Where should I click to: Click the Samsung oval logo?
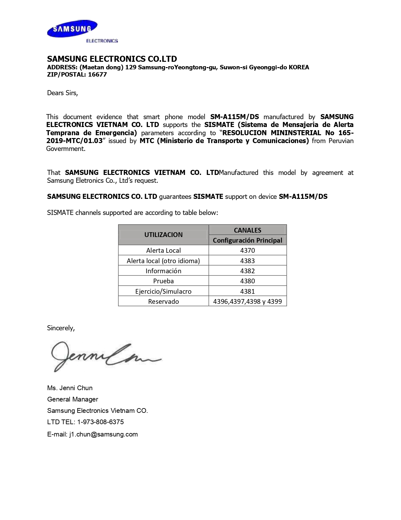click(72, 29)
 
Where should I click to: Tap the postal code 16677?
click(97, 75)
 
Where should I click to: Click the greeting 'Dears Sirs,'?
click(62, 93)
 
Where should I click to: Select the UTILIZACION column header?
click(163, 235)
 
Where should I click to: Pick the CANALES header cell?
click(248, 230)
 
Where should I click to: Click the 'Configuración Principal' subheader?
click(248, 240)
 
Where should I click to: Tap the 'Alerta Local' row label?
click(163, 251)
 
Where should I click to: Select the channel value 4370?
click(248, 251)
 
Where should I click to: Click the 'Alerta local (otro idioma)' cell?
click(163, 261)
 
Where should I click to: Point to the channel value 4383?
click(248, 261)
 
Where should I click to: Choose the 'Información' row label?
click(163, 271)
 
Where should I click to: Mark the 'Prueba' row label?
click(163, 281)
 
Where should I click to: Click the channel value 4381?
click(248, 292)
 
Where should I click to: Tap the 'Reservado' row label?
click(163, 302)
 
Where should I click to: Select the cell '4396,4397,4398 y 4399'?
click(248, 302)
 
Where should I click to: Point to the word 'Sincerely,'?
click(61, 328)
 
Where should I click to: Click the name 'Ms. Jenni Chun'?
click(70, 388)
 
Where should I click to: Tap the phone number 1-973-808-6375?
click(100, 422)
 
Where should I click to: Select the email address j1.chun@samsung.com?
click(103, 434)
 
